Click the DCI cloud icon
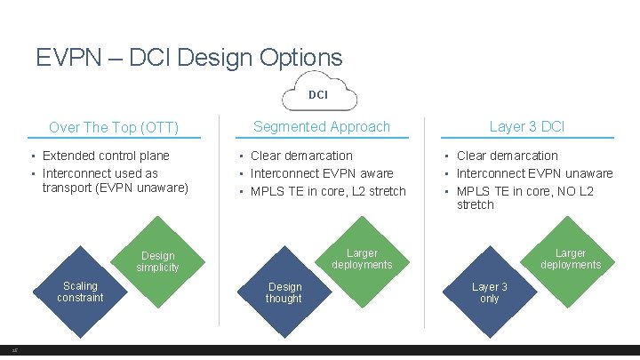pyautogui.click(x=318, y=93)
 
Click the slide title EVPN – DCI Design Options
pyautogui.click(x=189, y=58)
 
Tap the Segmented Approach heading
pyautogui.click(x=322, y=126)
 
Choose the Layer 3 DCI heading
pyautogui.click(x=526, y=126)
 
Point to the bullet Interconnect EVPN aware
pyautogui.click(x=322, y=173)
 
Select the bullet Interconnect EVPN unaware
pyautogui.click(x=534, y=173)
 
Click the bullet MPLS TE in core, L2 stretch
pyautogui.click(x=328, y=191)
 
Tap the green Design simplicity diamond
pyautogui.click(x=158, y=262)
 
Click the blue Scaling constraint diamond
pyautogui.click(x=80, y=292)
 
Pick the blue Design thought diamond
pyautogui.click(x=284, y=292)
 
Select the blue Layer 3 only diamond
pyautogui.click(x=490, y=292)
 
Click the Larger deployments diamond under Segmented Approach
pyautogui.click(x=362, y=259)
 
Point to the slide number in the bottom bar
pyautogui.click(x=16, y=351)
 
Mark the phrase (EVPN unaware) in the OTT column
pyautogui.click(x=147, y=187)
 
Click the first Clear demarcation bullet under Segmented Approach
pyautogui.click(x=301, y=156)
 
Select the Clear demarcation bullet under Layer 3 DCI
pyautogui.click(x=507, y=156)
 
